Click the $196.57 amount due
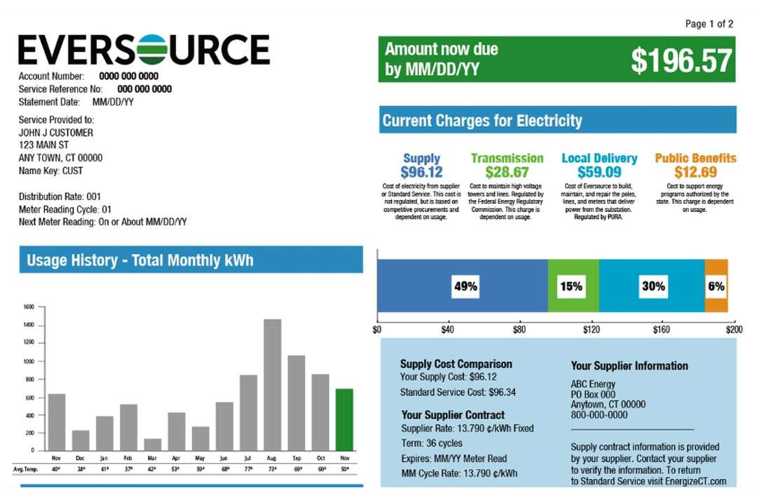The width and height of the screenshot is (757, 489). (x=681, y=61)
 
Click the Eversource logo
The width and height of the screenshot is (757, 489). (x=144, y=50)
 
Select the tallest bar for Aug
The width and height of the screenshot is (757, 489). (x=272, y=385)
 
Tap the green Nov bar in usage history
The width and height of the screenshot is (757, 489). (x=344, y=420)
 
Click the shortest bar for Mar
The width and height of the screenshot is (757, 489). (x=153, y=445)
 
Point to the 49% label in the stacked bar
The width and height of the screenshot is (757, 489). (x=465, y=286)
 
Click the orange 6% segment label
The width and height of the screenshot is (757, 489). (x=716, y=286)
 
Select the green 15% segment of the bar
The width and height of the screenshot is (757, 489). (x=573, y=286)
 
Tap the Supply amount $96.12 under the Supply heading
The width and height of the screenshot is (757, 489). (x=421, y=173)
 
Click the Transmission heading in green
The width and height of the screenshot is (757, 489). (x=507, y=159)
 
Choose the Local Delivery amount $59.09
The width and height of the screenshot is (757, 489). (x=599, y=173)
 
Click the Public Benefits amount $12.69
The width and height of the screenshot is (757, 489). (x=695, y=173)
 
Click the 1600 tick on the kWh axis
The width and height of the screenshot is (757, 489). (x=28, y=307)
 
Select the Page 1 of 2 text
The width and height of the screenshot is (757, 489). (x=709, y=24)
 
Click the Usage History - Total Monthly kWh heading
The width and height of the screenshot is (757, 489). (x=139, y=261)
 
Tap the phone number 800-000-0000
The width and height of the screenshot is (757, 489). (x=599, y=415)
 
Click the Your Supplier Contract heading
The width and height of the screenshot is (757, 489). (x=453, y=415)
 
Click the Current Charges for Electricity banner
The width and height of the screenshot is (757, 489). (x=557, y=121)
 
